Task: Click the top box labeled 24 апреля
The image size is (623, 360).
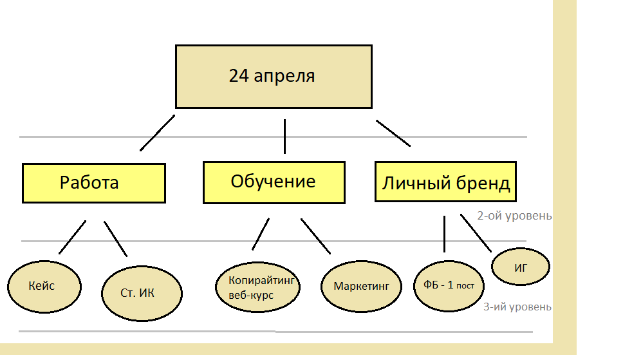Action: [x=274, y=76]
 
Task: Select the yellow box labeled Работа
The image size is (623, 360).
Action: [x=93, y=183]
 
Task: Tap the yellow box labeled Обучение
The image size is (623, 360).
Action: [x=274, y=182]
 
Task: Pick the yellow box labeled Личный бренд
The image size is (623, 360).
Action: [x=445, y=183]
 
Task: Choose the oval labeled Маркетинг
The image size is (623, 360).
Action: [x=361, y=286]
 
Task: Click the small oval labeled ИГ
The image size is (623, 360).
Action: [x=521, y=267]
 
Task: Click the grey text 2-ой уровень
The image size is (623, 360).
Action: [x=514, y=216]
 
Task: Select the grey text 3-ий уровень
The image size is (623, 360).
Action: [x=517, y=307]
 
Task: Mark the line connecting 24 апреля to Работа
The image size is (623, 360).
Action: [x=157, y=133]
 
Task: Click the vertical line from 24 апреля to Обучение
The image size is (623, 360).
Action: [x=284, y=136]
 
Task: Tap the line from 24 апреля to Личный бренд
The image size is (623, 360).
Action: [x=393, y=133]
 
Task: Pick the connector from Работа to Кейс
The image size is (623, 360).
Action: [x=72, y=237]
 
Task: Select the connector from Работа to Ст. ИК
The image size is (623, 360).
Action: [x=116, y=239]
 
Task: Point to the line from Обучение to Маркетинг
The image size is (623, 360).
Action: [x=315, y=236]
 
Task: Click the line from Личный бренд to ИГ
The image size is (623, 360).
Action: [x=476, y=233]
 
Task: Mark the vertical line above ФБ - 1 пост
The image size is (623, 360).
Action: [x=444, y=234]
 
